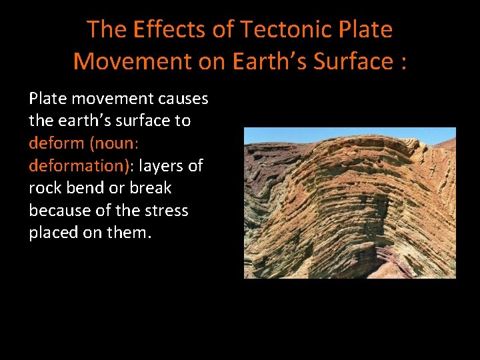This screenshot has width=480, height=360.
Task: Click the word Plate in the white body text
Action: point(48,99)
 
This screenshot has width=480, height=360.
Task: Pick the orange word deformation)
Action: point(81,165)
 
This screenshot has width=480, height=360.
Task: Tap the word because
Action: point(59,211)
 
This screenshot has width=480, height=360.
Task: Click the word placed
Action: point(54,233)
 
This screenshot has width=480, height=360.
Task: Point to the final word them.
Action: point(129,233)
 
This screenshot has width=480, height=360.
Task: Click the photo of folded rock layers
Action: point(349,203)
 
